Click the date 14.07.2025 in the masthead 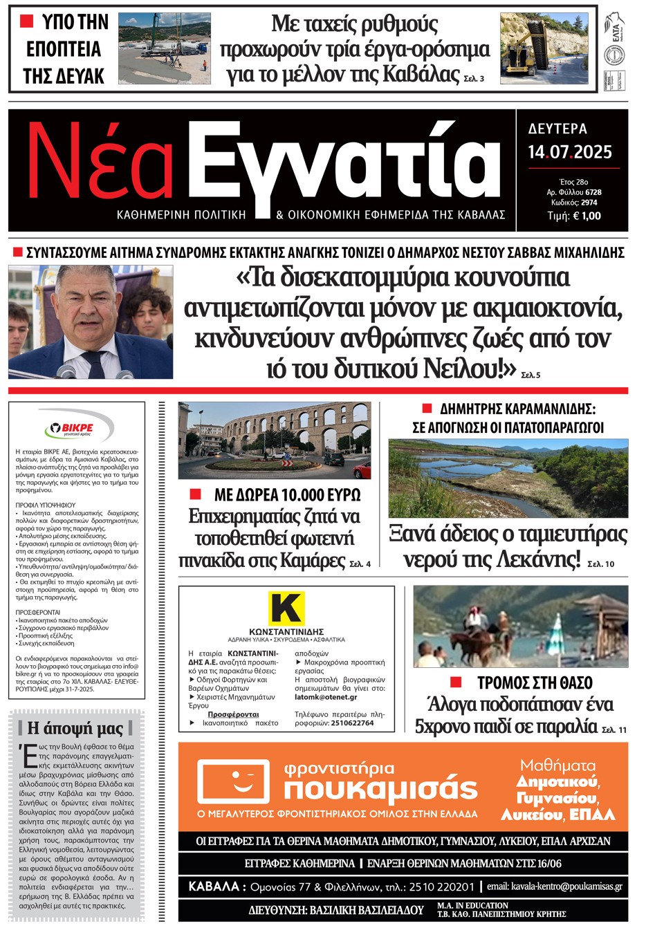tap(570, 152)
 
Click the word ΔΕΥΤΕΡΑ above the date tap(557, 129)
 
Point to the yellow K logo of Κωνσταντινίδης tap(286, 608)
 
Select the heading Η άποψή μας tap(75, 728)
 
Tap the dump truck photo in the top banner tap(544, 48)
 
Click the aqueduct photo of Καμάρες tap(275, 440)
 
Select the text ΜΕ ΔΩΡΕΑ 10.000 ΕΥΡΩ tap(287, 495)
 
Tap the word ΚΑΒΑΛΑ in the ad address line tap(214, 886)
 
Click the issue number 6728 tap(593, 192)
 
